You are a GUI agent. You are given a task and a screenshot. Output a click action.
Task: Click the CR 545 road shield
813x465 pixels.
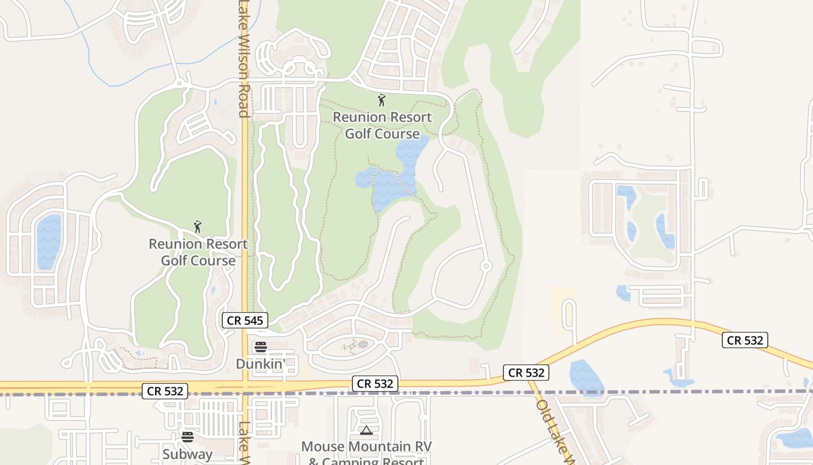point(244,320)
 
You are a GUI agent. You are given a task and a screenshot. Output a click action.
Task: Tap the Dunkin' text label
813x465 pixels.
point(261,364)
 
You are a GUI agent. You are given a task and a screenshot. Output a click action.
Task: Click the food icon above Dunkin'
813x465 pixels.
point(261,347)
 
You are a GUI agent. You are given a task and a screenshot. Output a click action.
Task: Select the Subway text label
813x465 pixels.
point(187,454)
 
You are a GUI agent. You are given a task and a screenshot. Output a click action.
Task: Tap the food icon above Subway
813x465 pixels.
point(187,437)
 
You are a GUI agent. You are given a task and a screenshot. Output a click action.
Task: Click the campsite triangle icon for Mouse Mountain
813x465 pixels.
point(366,431)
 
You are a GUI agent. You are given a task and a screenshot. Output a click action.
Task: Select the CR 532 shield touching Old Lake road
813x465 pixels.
point(526,373)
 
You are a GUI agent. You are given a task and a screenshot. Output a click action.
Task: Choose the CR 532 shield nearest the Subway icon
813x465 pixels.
point(166,392)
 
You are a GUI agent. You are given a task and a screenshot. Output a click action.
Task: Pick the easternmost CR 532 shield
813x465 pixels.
point(745,340)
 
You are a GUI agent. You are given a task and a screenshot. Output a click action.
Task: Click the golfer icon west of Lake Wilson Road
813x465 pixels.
point(197,227)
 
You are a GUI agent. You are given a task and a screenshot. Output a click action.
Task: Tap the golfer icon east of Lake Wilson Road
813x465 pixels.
point(382,100)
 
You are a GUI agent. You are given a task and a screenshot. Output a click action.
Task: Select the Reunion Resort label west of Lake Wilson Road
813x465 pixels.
point(198,252)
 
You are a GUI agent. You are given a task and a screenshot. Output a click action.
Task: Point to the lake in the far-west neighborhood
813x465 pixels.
point(49,241)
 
